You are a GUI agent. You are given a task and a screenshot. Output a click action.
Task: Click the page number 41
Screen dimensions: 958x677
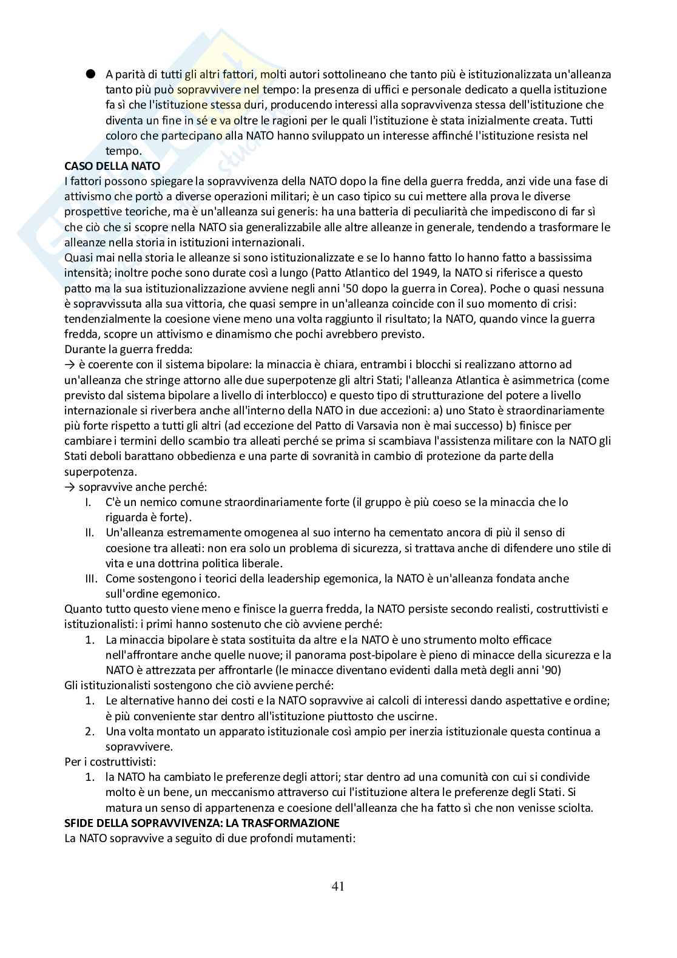pyautogui.click(x=338, y=886)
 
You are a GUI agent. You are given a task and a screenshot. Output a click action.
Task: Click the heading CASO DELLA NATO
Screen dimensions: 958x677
pyautogui.click(x=112, y=166)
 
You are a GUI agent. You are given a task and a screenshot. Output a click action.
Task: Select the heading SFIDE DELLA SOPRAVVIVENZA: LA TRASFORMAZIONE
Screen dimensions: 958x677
pyautogui.click(x=202, y=823)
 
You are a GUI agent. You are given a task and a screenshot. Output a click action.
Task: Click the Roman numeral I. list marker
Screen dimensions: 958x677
pyautogui.click(x=88, y=502)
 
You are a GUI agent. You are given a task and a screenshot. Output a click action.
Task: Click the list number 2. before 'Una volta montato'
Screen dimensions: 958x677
pyautogui.click(x=89, y=732)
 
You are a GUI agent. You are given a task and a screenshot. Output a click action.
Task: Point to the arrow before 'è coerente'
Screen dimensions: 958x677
pyautogui.click(x=69, y=365)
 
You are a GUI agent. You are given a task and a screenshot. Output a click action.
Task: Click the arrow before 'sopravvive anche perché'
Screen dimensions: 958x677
pyautogui.click(x=69, y=487)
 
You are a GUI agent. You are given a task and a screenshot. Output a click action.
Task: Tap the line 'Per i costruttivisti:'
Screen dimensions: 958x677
pyautogui.click(x=110, y=762)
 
